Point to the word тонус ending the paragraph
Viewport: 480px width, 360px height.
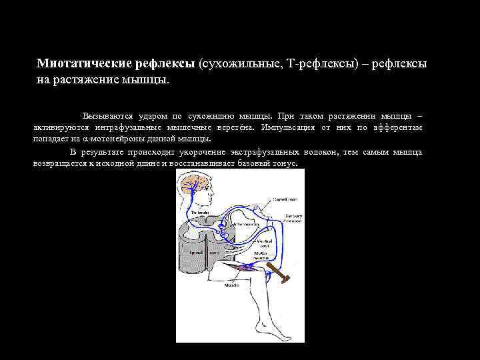coord(285,163)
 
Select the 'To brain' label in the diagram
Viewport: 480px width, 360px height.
coord(199,212)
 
